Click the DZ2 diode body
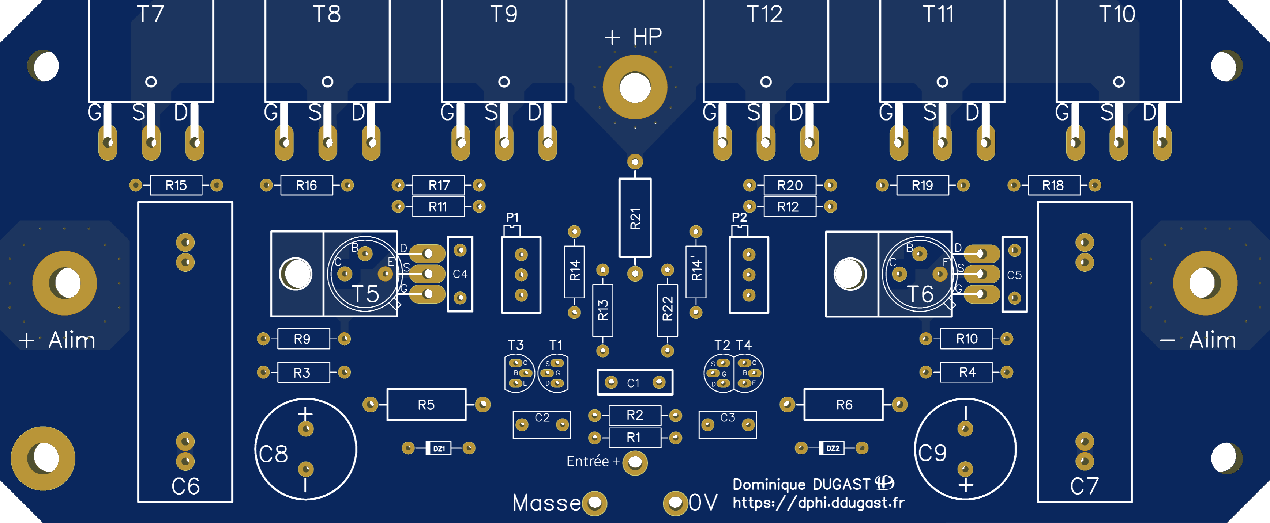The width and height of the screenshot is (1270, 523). [832, 448]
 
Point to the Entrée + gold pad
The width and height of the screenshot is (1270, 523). [635, 462]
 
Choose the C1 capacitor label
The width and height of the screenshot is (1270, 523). [633, 383]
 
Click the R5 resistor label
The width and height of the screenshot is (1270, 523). [426, 405]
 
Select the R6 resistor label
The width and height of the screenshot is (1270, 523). [844, 405]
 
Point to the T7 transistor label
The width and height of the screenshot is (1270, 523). [150, 14]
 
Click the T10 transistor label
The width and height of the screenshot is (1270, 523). [1117, 14]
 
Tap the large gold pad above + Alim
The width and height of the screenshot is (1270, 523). [65, 283]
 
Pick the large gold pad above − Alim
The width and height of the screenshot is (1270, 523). [1205, 283]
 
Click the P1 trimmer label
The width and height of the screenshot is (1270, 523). [512, 217]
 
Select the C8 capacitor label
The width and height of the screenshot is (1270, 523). [274, 454]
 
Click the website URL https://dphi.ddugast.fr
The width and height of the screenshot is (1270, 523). [818, 503]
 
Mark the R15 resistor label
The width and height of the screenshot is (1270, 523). [176, 185]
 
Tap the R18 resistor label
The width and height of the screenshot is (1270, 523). [1053, 185]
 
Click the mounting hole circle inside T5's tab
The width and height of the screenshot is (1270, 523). [296, 274]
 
